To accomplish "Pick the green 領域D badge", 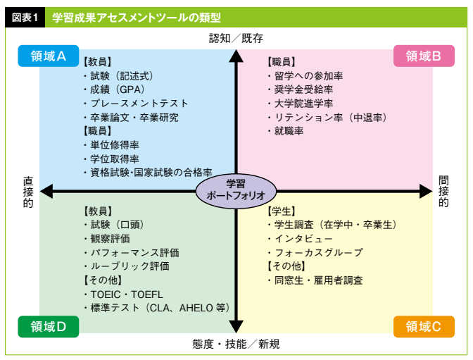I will click(x=49, y=326).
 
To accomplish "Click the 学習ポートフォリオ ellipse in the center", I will click(x=236, y=190).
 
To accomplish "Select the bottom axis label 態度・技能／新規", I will click(x=236, y=345).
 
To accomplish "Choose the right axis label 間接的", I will click(x=443, y=191).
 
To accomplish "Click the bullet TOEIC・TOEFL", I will click(x=120, y=294).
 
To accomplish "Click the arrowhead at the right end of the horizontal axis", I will click(x=426, y=190).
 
